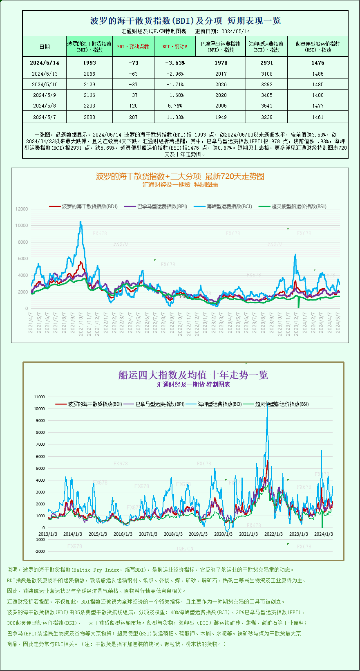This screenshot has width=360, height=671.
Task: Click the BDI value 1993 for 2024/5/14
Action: (x=89, y=63)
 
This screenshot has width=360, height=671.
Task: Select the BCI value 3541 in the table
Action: (x=266, y=106)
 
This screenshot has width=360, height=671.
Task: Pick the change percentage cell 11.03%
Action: (x=175, y=117)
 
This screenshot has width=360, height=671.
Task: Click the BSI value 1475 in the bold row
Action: (x=318, y=63)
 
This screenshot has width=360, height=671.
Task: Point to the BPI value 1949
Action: (x=221, y=117)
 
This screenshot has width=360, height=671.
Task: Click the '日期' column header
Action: (x=45, y=47)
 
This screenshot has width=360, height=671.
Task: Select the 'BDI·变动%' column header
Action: (x=175, y=47)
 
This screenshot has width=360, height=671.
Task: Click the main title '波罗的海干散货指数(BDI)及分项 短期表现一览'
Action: (x=185, y=21)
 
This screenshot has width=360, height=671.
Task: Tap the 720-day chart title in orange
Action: (x=180, y=177)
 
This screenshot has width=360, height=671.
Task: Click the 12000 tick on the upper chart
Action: (x=22, y=209)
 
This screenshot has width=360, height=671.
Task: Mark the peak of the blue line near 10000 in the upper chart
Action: (x=80, y=222)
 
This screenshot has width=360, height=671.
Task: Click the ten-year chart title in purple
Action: (x=193, y=375)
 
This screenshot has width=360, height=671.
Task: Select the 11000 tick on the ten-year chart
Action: (x=40, y=397)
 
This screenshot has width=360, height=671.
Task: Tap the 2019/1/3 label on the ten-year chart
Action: (x=198, y=534)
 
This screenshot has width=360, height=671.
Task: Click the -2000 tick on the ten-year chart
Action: (x=40, y=552)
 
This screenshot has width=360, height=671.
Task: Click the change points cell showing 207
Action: (x=133, y=117)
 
